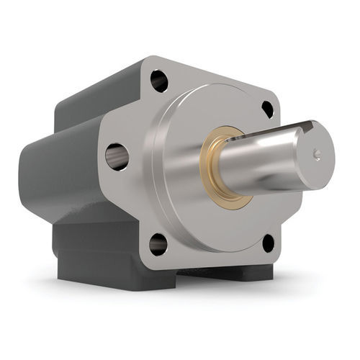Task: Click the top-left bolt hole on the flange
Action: point(159,81)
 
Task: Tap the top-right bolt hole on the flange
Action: point(267,109)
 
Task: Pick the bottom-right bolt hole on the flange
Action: point(268,243)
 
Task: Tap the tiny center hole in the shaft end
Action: point(317,153)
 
